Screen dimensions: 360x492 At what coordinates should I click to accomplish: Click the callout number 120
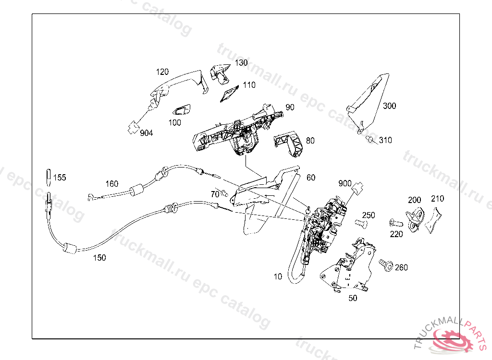(x=162, y=72)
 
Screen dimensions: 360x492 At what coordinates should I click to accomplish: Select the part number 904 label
(x=147, y=133)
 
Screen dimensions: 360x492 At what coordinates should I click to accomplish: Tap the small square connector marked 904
(x=131, y=127)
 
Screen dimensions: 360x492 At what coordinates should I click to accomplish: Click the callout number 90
(x=290, y=108)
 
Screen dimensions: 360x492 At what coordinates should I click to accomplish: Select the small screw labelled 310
(x=370, y=140)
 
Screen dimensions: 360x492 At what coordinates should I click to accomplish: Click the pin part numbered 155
(x=49, y=177)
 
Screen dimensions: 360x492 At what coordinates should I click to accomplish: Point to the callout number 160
(x=111, y=183)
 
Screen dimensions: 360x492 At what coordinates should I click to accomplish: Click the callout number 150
(x=99, y=258)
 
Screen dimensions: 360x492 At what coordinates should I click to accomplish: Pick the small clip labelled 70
(x=223, y=193)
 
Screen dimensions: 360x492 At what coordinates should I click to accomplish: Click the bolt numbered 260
(x=385, y=264)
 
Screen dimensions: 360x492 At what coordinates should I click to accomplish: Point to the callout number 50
(x=353, y=298)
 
